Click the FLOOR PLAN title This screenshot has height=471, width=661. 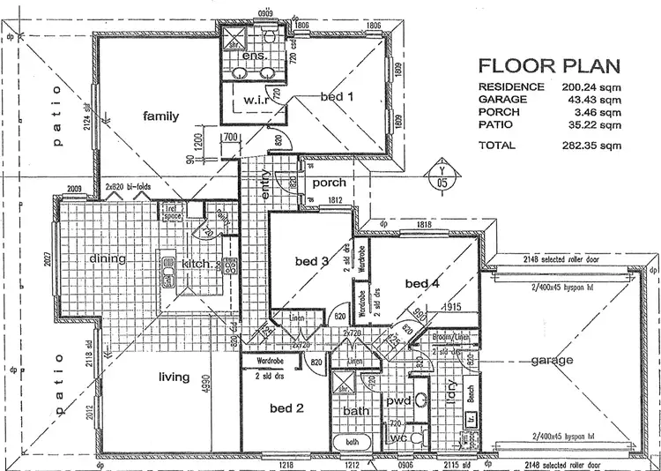547,66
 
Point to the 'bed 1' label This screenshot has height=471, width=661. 337,96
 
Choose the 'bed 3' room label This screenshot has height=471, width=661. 311,261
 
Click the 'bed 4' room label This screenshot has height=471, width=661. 421,283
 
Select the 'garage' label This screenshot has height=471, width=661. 553,361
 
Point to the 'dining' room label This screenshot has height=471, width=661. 108,258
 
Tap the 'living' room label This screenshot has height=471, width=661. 174,378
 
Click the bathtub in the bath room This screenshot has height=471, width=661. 351,442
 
